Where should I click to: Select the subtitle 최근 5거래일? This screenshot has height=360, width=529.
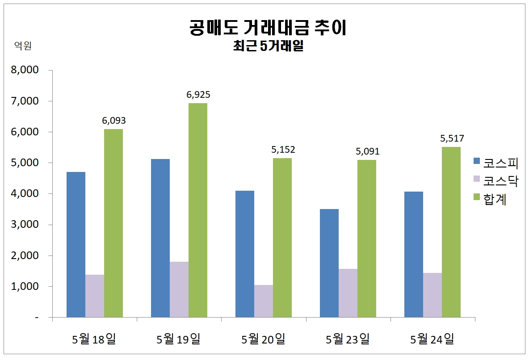268,46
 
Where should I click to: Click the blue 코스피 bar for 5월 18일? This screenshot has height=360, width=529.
76,245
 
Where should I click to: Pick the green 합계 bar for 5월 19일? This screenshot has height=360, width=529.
198,210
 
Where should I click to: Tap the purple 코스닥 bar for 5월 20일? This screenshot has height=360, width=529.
264,301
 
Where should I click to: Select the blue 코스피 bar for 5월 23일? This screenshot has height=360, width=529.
329,263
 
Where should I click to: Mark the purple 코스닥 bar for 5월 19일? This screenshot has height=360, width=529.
179,289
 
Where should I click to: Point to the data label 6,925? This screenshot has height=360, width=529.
198,95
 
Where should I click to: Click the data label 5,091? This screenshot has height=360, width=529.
367,151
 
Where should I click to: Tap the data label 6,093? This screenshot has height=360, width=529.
114,121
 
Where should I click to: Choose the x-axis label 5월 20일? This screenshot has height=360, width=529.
264,339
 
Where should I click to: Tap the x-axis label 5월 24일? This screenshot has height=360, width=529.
432,339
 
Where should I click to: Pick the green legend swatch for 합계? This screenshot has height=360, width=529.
476,197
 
